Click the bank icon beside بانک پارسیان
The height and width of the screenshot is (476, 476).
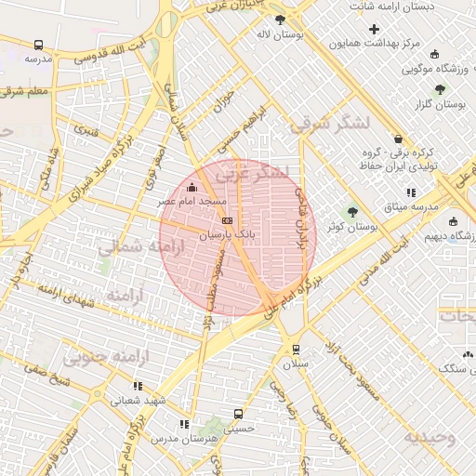coord(229,220)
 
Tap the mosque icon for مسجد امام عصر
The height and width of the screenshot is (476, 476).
coord(192,190)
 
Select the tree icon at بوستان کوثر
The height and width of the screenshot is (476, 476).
coord(351,211)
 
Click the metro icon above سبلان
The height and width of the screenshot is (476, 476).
coord(296,350)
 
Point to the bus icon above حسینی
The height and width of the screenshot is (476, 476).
coord(239,414)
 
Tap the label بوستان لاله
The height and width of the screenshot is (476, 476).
coord(276,33)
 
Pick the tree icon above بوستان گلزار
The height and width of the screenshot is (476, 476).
coord(440,89)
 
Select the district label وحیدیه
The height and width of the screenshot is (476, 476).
coord(430,436)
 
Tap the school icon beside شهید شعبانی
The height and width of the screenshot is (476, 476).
coord(138,386)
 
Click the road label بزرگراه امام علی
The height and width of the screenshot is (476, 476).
coord(288,298)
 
